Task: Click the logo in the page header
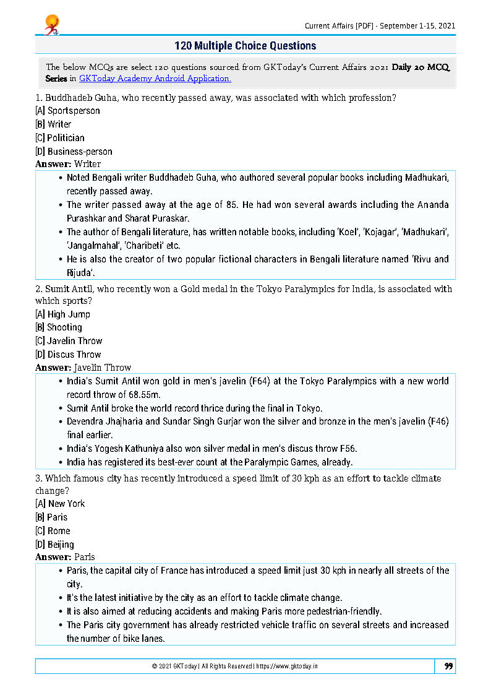(51, 25)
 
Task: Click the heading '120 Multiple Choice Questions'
(246, 46)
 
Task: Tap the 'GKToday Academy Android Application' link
(155, 79)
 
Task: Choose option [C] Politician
(60, 138)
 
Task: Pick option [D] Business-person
(74, 152)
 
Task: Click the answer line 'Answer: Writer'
(68, 164)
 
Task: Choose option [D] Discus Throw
(68, 355)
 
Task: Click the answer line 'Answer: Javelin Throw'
(83, 368)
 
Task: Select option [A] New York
(60, 504)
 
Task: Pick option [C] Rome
(53, 531)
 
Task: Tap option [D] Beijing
(54, 545)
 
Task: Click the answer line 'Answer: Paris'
(65, 557)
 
